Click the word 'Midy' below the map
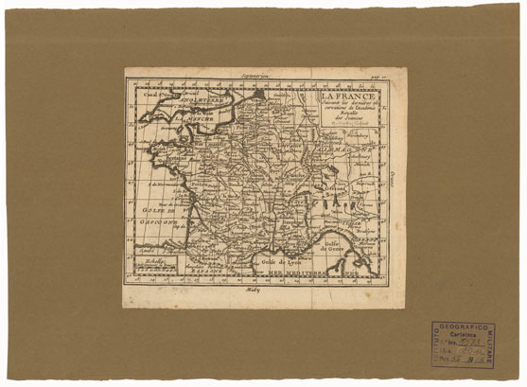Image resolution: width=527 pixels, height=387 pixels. [x=251, y=292]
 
